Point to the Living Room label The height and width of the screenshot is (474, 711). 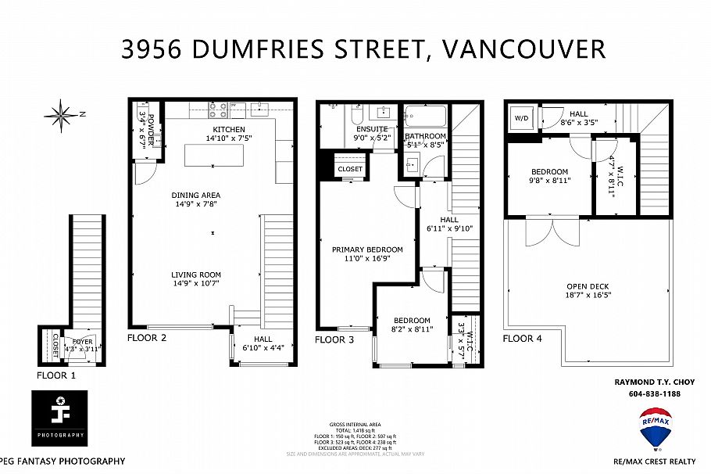196,275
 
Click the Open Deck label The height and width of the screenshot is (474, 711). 588,286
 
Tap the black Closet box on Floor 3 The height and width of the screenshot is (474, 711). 350,168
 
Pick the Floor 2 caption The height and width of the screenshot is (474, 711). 147,339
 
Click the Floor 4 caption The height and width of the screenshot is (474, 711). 522,339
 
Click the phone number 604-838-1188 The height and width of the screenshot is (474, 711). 654,393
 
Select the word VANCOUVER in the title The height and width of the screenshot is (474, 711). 523,49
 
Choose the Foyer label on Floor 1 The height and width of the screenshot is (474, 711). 83,341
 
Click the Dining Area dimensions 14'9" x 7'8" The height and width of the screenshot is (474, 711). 196,204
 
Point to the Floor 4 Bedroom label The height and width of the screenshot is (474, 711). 549,171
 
